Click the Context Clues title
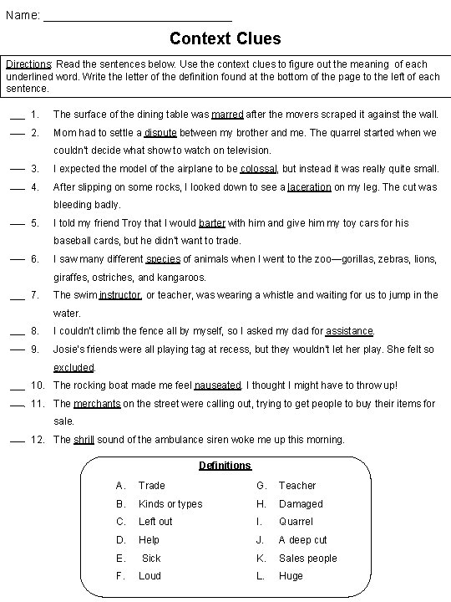point(225,38)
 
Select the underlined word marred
point(227,114)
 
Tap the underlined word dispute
point(160,132)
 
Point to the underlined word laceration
point(309,186)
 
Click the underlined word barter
point(212,222)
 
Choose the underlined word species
point(163,258)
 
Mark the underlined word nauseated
point(217,385)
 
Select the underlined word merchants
point(97,403)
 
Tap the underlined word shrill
point(84,439)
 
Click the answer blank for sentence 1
point(17,115)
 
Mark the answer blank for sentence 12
point(17,441)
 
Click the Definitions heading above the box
point(225,465)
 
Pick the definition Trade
point(152,485)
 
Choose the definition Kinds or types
point(170,503)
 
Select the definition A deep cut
point(302,539)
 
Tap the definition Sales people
point(307,558)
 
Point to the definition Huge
point(291,575)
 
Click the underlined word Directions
point(29,64)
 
